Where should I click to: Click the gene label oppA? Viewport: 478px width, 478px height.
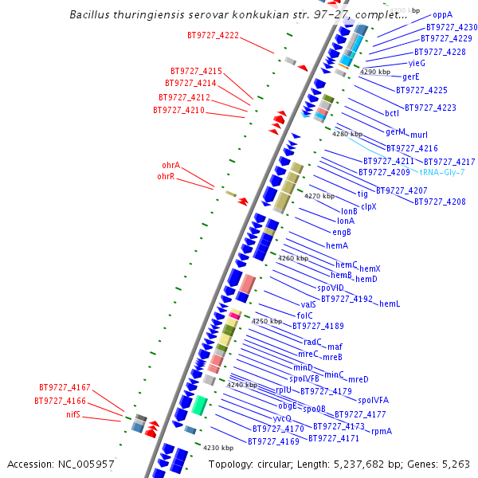[x=442, y=15]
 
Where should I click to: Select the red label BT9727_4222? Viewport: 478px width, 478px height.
[x=213, y=36]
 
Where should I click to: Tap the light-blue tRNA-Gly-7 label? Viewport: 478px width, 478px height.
[x=442, y=172]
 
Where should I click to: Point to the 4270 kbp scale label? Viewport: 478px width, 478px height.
[x=319, y=196]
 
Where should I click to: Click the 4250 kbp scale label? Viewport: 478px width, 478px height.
[x=267, y=321]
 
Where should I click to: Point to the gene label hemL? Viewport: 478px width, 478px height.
[x=390, y=304]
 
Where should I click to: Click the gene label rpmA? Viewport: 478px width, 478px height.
[x=382, y=431]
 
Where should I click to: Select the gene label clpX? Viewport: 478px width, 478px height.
[x=368, y=206]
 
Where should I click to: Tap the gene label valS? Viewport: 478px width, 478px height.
[x=309, y=304]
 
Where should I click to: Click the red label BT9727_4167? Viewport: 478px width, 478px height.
[x=65, y=388]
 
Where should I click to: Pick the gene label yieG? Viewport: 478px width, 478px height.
[x=417, y=63]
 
